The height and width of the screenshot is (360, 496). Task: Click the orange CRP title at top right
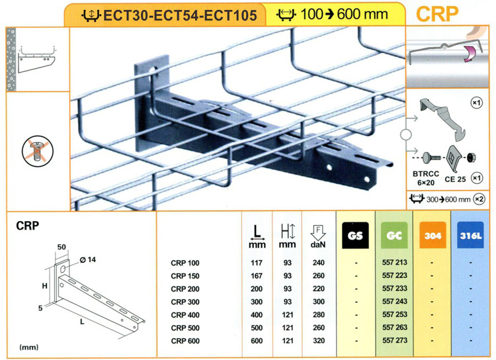[x=437, y=14]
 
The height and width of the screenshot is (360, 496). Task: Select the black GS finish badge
[x=355, y=235]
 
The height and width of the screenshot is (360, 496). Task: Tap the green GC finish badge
[x=394, y=235]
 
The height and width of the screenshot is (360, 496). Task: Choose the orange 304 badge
[x=433, y=235]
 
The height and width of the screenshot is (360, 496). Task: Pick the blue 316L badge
[x=470, y=235]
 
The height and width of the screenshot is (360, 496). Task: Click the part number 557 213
[x=394, y=263]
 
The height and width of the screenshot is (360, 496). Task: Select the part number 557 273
[x=394, y=340]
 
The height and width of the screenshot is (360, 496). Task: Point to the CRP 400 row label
[x=185, y=315]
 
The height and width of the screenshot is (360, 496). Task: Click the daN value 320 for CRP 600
[x=319, y=341]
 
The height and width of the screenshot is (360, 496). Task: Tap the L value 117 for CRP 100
[x=257, y=263]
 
